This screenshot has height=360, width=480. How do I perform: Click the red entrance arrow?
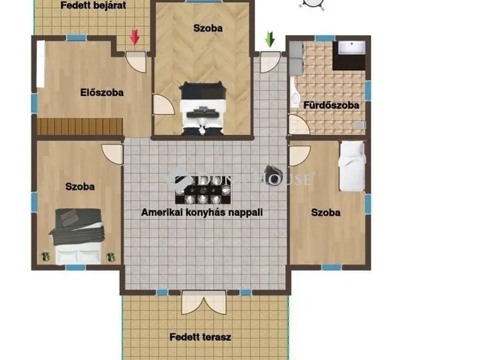pos(135,38)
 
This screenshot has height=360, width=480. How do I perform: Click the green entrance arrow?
pos(270,39)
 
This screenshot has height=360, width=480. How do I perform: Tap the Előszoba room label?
pos(102,92)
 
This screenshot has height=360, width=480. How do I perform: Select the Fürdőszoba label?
pos(331,105)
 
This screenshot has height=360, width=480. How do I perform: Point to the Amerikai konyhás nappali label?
pos(202,212)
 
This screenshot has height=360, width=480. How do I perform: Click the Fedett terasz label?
pos(200,337)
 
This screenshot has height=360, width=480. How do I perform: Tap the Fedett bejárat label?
pos(93,5)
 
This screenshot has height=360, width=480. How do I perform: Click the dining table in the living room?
pos(202,190)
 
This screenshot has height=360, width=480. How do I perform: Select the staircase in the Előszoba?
pos(80,127)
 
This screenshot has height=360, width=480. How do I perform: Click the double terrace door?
pos(203,303)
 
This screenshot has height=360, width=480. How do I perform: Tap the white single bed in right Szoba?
pos(352,166)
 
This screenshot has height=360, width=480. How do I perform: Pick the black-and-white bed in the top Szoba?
pos(202,109)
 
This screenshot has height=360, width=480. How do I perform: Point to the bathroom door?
pos(299,124)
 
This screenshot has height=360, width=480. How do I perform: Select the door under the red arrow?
pos(136,62)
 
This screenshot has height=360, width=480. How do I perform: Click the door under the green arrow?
pos(270,62)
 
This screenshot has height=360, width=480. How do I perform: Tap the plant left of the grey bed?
pos(45,256)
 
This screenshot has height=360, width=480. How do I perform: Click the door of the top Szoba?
pos(163,105)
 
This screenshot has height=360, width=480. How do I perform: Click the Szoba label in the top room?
pos(208,28)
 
